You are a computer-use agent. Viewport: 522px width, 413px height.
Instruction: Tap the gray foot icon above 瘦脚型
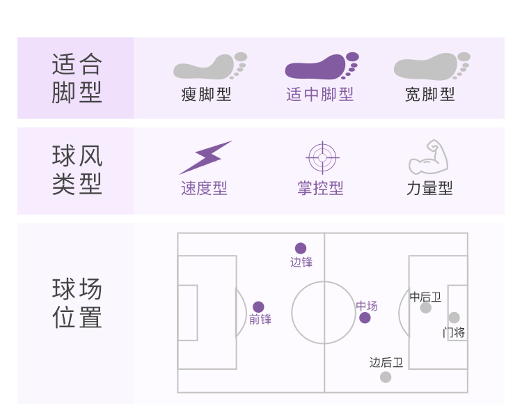pos(209,66)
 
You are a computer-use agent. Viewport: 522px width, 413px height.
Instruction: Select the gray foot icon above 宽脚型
pos(431,66)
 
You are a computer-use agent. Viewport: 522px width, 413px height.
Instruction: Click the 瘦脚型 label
pos(206,94)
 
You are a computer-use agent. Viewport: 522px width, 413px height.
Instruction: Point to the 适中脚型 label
pos(319,94)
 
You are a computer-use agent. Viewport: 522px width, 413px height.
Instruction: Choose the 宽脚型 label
pos(430,94)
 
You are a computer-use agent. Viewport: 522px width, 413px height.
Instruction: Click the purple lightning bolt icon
pos(205,157)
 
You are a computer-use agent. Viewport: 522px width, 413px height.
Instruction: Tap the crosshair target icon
pos(322,157)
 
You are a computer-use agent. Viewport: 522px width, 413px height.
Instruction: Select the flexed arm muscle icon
pos(429,157)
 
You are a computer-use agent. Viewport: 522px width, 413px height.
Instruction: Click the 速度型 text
pos(204,188)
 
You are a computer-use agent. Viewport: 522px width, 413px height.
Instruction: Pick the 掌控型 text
pos(320,188)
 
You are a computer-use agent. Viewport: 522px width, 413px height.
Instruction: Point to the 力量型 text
pos(429,188)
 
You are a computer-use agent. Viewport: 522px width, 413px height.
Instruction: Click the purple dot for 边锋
pos(301,248)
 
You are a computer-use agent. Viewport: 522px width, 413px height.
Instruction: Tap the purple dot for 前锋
pos(258,306)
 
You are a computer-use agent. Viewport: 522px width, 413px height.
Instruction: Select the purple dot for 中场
pos(365,318)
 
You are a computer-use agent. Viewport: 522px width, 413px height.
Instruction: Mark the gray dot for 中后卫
pos(425,308)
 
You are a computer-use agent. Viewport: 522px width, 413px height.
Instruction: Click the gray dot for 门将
pos(454,318)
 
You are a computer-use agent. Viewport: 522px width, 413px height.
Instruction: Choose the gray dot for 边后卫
pos(386,377)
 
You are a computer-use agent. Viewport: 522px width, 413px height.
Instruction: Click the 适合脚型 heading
pos(77,78)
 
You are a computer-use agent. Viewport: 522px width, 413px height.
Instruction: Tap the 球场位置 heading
pos(77,303)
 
